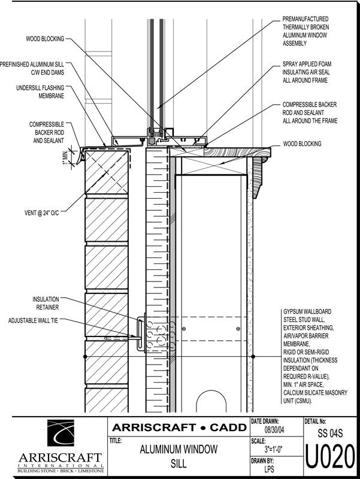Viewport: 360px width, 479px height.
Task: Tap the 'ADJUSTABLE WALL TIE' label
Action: (36, 321)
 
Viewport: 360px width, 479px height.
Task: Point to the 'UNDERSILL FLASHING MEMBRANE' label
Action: (41, 90)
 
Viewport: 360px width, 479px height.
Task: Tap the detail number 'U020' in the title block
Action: (331, 459)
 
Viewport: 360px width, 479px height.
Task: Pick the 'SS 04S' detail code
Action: (331, 432)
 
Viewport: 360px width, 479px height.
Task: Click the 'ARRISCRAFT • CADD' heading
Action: (179, 428)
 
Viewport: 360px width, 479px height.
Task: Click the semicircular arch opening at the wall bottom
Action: (212, 401)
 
